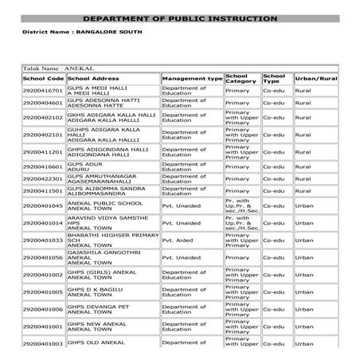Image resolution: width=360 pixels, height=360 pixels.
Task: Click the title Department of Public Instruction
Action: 180,18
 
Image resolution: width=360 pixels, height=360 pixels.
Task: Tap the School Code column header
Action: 44,80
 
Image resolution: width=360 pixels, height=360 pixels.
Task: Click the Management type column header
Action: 191,80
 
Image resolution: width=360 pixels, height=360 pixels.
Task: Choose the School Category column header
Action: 241,79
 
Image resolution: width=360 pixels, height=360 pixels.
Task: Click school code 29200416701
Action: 44,92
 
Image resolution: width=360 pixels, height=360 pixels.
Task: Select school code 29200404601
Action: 44,104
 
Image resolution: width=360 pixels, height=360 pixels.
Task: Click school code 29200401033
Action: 44,240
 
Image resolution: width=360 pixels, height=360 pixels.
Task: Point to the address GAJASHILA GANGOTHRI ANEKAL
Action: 104,258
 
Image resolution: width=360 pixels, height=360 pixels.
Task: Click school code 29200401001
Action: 44,327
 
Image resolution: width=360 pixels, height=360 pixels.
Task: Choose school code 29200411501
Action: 44,191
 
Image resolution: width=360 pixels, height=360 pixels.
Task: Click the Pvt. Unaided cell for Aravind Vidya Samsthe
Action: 184,224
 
